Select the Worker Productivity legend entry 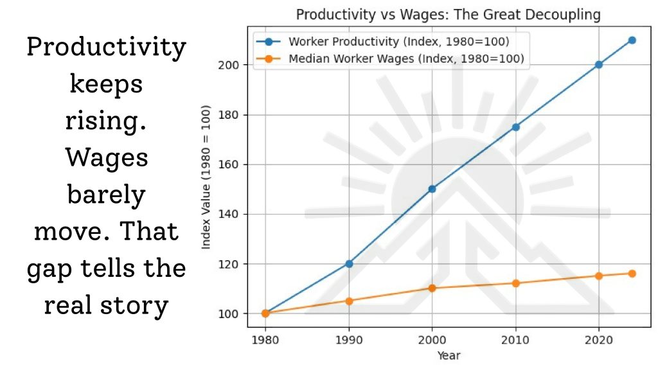coord(398,42)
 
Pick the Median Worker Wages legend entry coord(406,59)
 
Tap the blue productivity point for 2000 coord(432,189)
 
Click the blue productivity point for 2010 coord(515,127)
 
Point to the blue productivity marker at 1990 coord(349,263)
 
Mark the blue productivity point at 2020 coord(599,64)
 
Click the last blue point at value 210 coord(632,40)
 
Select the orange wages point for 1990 coord(349,301)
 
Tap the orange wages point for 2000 coord(432,288)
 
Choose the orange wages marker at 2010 coord(515,283)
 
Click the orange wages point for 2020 coord(599,276)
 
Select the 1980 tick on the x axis coord(265,339)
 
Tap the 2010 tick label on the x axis coord(515,339)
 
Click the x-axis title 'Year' coord(448,355)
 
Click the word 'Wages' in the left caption coord(107,158)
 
